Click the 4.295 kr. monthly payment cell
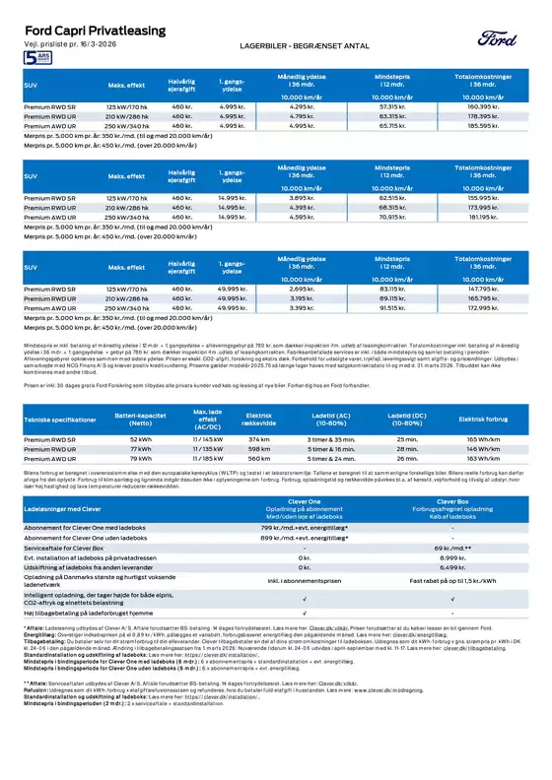(303, 105)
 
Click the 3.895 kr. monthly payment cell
(303, 198)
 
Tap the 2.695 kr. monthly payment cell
(303, 290)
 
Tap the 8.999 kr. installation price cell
(450, 556)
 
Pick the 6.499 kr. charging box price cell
(450, 568)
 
